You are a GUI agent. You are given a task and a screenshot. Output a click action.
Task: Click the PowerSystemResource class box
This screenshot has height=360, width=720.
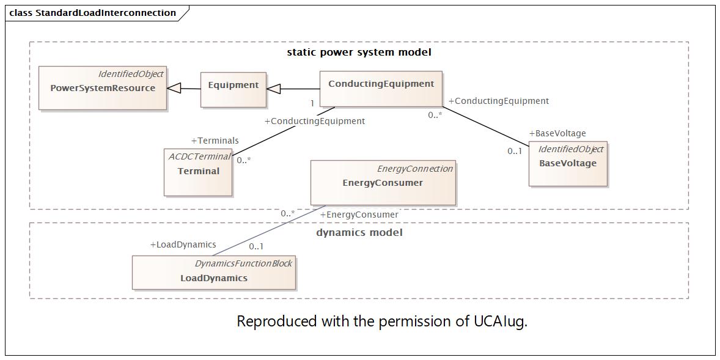pos(103,87)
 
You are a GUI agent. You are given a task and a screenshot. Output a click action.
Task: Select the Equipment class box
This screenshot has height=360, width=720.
pos(233,89)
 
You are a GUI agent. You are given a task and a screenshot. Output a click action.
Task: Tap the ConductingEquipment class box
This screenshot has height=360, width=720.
pos(381,89)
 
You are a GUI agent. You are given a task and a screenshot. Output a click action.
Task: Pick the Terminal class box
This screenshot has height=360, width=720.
pos(198,172)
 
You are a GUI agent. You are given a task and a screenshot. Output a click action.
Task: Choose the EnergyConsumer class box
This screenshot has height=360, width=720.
pos(383,183)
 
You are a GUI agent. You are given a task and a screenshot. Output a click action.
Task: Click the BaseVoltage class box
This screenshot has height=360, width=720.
pos(568,163)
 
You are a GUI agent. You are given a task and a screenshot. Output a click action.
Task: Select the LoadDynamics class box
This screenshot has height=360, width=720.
pos(214,273)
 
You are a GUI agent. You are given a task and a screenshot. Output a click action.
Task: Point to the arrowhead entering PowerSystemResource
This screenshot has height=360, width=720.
pos(174,88)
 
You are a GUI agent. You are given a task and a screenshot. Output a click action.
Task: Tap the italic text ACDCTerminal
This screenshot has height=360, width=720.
pos(199,156)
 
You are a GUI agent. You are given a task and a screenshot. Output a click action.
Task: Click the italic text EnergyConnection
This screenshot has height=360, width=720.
pos(414,169)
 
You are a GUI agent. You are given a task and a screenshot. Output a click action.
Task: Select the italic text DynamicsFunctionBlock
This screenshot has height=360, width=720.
pos(243,263)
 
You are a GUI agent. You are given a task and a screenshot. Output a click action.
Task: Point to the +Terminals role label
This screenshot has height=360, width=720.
pos(215,141)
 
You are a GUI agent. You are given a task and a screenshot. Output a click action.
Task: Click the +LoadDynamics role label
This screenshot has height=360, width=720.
pos(183,244)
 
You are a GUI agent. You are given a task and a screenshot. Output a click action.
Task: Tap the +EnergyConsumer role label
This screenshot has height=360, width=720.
pos(359,215)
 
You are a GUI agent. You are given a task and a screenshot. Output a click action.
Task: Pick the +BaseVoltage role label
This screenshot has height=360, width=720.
pos(557,133)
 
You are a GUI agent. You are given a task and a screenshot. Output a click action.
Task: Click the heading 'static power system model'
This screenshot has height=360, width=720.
pos(359,53)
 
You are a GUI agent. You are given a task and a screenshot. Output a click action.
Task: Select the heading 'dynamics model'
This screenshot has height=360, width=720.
pos(359,232)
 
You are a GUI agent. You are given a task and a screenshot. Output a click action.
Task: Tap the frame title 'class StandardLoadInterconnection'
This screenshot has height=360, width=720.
pos(92,13)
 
